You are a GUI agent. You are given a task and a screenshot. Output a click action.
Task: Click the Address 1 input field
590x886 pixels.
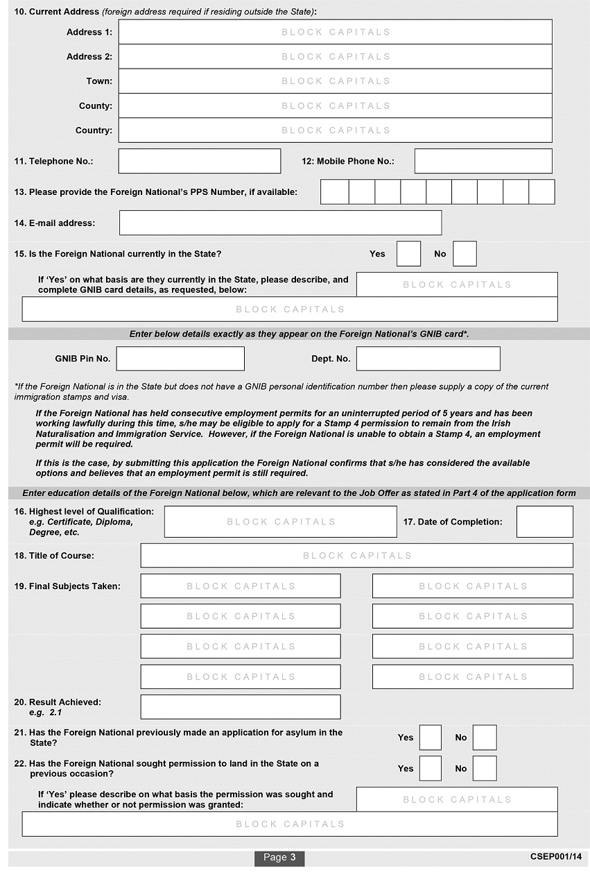tap(335, 32)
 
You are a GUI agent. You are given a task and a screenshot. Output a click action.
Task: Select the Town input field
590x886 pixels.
tap(335, 81)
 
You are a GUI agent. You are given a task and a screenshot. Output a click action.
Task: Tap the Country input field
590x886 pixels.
tap(335, 130)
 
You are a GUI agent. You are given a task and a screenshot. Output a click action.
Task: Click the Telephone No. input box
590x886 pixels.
tap(200, 161)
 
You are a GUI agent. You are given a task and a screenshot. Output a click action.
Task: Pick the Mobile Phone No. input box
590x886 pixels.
tap(483, 161)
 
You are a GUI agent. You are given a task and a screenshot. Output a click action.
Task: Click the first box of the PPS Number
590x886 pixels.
tap(334, 191)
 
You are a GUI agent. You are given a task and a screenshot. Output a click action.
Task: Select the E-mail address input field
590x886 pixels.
tap(280, 223)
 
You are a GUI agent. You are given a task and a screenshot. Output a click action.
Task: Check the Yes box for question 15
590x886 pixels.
tap(408, 254)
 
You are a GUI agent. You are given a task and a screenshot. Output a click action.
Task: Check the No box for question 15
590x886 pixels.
tap(465, 254)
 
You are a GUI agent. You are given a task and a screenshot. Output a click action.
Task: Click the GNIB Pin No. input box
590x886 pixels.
tap(180, 359)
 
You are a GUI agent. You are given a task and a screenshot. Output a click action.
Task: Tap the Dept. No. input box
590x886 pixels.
tap(428, 359)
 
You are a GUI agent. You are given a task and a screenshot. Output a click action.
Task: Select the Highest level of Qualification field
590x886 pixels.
tap(280, 522)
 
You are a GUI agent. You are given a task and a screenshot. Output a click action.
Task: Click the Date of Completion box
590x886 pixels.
tap(544, 522)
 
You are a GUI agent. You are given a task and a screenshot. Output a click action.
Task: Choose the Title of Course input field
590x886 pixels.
tap(356, 556)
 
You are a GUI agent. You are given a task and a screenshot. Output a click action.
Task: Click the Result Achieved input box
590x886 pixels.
tap(241, 707)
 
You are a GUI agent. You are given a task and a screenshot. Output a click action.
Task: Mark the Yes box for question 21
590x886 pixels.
tap(430, 738)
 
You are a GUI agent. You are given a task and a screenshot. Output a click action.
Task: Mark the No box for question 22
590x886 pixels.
tap(485, 769)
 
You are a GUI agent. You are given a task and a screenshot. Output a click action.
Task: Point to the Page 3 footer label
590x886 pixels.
tap(279, 858)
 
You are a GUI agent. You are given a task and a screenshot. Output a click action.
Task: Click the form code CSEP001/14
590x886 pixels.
tap(555, 858)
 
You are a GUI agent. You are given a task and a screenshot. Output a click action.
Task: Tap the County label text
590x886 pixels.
tap(95, 106)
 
